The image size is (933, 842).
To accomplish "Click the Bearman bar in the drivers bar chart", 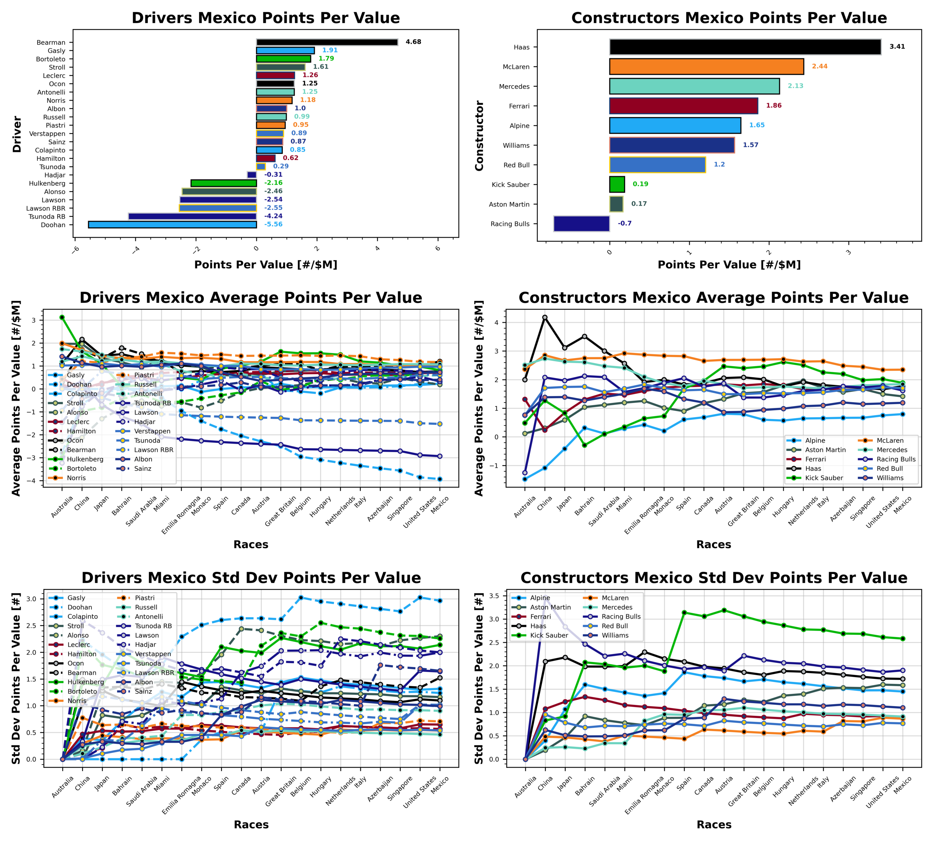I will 327,42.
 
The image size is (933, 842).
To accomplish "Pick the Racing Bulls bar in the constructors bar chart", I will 581,224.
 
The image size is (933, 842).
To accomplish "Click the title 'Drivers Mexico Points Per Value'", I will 266,18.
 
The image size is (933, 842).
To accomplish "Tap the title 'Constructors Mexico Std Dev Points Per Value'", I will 713,578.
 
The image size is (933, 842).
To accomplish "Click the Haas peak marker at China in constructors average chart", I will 545,317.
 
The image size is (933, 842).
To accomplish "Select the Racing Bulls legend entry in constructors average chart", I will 895,459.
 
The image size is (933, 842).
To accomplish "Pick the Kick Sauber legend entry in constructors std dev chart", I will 548,636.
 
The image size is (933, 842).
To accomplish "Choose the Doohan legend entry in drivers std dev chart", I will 79,608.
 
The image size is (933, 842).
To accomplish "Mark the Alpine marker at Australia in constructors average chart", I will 525,479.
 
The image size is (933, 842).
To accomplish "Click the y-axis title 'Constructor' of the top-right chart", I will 479,135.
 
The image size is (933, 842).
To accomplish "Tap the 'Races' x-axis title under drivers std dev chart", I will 251,824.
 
